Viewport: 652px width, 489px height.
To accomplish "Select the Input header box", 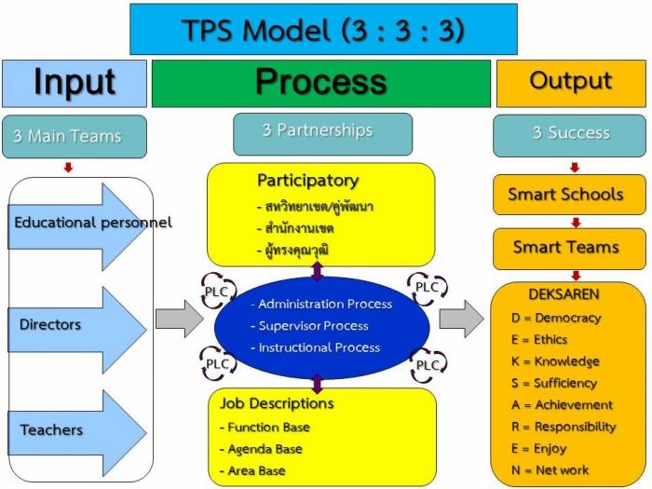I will coord(74,83).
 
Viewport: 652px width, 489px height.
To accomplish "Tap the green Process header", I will coord(320,83).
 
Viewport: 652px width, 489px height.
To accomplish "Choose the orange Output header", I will coord(570,82).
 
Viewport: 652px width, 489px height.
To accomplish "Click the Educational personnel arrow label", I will coord(92,223).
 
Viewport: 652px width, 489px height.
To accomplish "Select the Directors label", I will coord(50,325).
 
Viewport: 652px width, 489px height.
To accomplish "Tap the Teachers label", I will coord(51,430).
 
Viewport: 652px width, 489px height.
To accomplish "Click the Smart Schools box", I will coord(565,195).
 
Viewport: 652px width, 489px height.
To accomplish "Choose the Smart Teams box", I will coord(565,248).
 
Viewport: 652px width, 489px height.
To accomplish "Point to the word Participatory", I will coord(307,180).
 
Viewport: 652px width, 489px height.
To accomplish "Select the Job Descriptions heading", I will coord(277,404).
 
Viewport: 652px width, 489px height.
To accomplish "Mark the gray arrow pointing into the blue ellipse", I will coord(178,319).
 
